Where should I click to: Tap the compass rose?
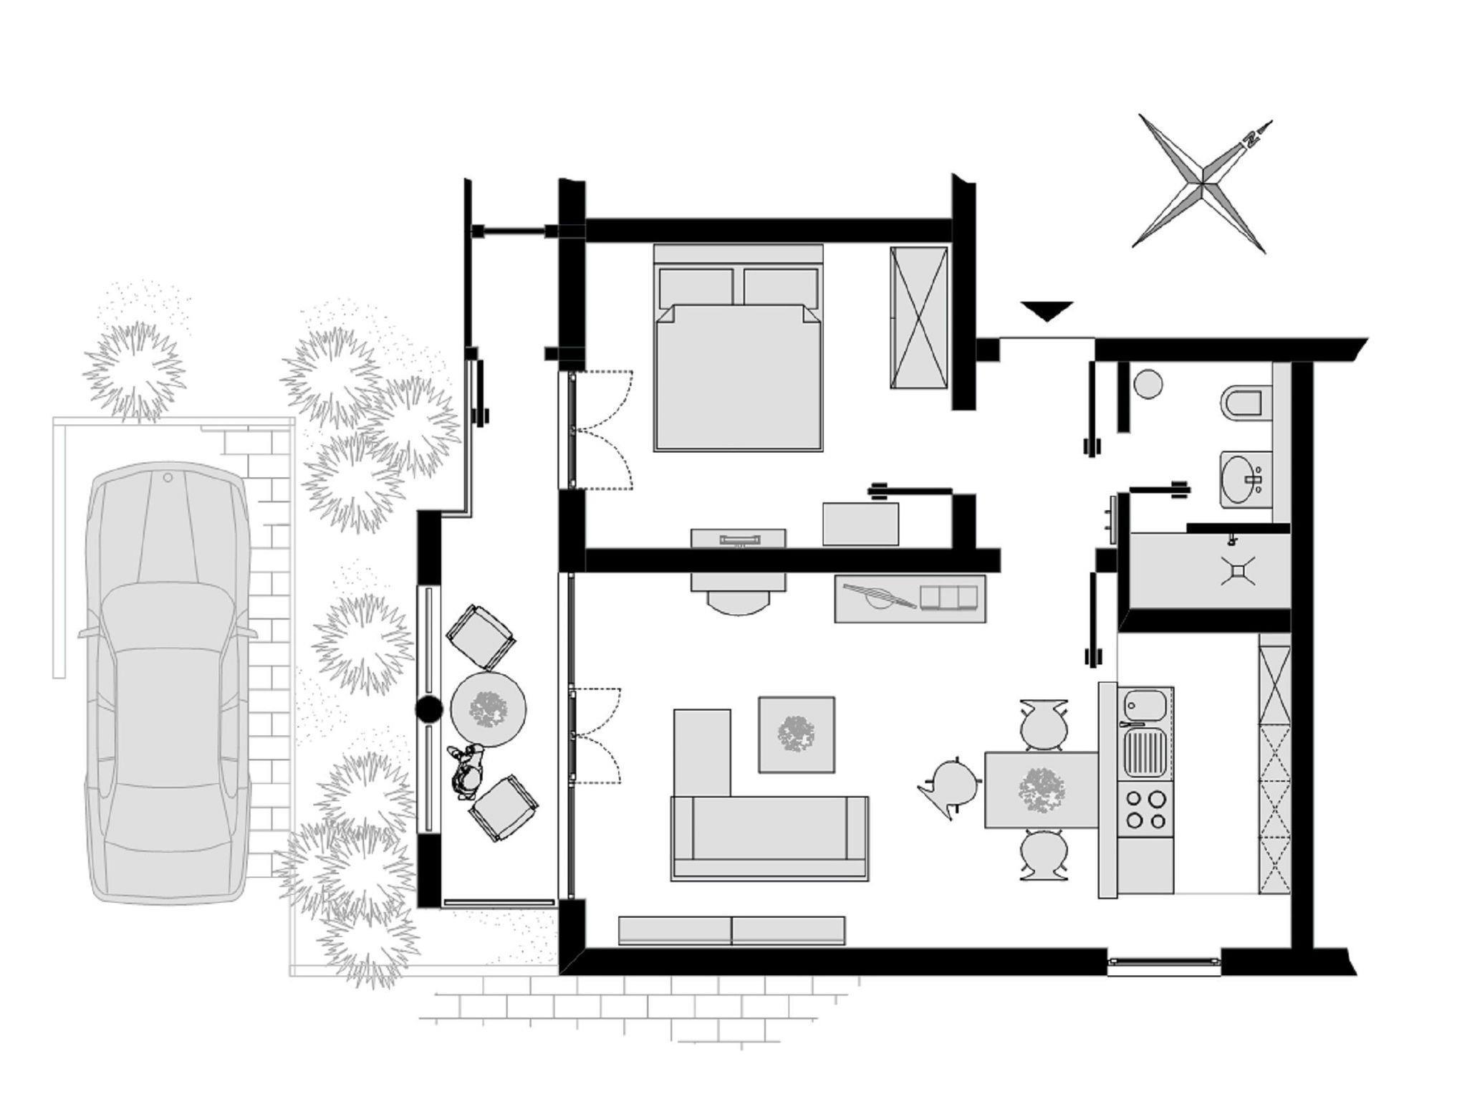pos(1202,184)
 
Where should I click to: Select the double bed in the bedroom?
pos(738,348)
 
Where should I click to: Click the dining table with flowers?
pos(1042,789)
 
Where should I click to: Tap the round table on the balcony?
pos(489,709)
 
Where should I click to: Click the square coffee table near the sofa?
pos(797,734)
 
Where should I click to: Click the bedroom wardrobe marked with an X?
pos(919,317)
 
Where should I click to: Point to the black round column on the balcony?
pos(430,709)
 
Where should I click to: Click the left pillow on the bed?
pos(696,287)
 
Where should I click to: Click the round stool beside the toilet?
pos(1148,383)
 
